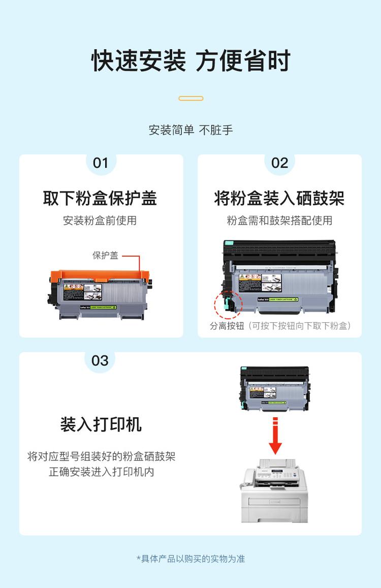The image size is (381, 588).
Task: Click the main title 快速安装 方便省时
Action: point(190,61)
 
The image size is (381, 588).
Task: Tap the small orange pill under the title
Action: point(191,98)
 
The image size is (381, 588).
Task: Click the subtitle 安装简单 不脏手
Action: point(190,130)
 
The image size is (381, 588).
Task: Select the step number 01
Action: point(101,163)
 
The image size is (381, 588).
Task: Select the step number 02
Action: point(279,163)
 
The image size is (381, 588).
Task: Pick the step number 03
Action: point(100,360)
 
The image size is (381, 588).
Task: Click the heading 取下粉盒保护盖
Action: point(100,198)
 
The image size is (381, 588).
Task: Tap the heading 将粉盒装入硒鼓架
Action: point(279,198)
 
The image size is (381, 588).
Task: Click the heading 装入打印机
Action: point(101,424)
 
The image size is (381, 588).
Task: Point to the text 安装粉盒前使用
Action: point(100,221)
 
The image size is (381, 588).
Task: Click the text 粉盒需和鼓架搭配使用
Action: point(279,221)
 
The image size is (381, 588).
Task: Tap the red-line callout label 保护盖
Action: point(105,256)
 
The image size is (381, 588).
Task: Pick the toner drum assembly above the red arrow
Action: point(274,387)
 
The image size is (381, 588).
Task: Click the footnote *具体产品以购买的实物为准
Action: point(190,559)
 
